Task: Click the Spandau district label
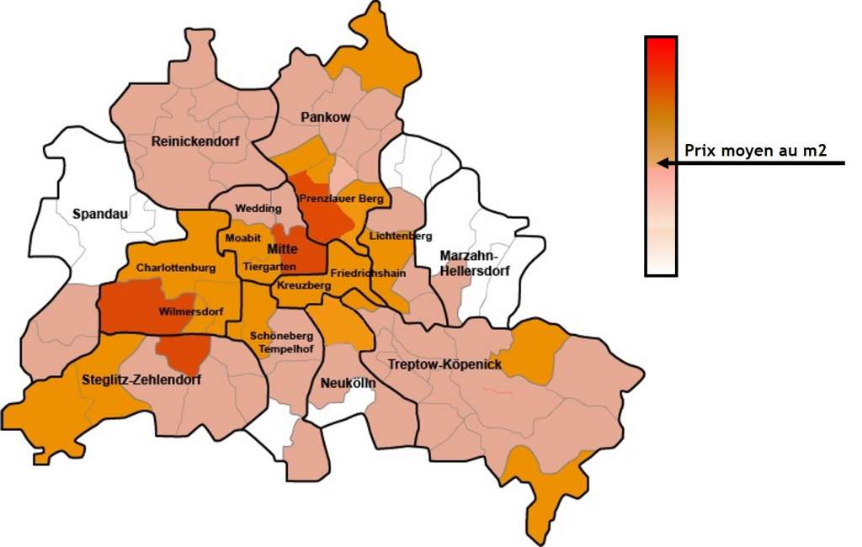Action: (100, 214)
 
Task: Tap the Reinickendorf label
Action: (195, 141)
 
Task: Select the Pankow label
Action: (326, 118)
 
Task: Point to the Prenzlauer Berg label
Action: (341, 199)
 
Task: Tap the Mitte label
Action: (283, 250)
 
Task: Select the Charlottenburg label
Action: (176, 268)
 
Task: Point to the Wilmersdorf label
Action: (191, 312)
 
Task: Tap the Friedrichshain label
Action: (368, 273)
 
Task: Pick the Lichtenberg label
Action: (400, 236)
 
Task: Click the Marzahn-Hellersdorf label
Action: (470, 263)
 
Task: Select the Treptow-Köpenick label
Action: (444, 364)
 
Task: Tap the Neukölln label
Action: (348, 384)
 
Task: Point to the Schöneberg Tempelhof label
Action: (281, 342)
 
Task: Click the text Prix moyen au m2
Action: (755, 151)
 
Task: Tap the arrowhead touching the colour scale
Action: (662, 163)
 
